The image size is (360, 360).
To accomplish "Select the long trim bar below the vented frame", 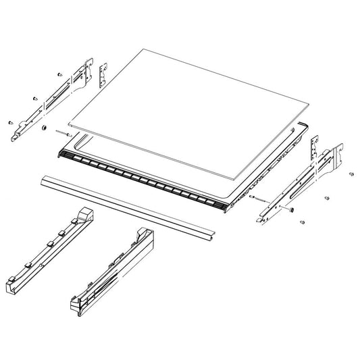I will (128, 205).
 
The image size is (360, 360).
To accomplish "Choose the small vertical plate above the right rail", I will (314, 149).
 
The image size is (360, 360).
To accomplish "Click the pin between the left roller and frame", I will (59, 133).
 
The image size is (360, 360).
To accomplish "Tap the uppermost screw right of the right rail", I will (352, 174).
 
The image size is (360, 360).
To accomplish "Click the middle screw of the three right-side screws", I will (327, 199).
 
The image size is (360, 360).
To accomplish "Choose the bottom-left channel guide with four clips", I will (47, 250).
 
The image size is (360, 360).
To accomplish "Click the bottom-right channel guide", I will (111, 270).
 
